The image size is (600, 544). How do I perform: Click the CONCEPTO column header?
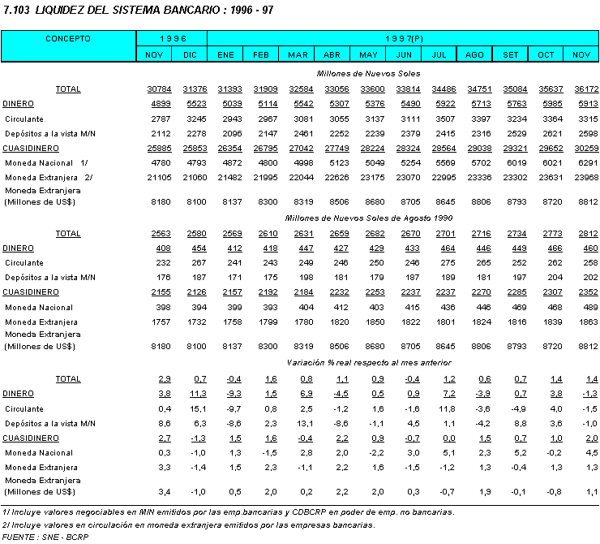tap(68, 38)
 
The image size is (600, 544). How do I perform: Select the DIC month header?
tap(190, 54)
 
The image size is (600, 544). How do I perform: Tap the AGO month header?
tap(475, 54)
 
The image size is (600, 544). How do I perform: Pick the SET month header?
tap(511, 54)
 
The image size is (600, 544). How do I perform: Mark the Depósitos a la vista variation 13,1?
tap(298, 423)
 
